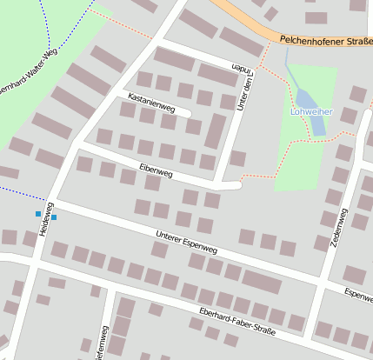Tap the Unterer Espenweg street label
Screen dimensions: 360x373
186,243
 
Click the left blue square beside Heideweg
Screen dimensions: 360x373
37,214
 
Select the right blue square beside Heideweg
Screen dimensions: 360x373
54,217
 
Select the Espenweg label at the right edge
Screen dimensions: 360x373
357,293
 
